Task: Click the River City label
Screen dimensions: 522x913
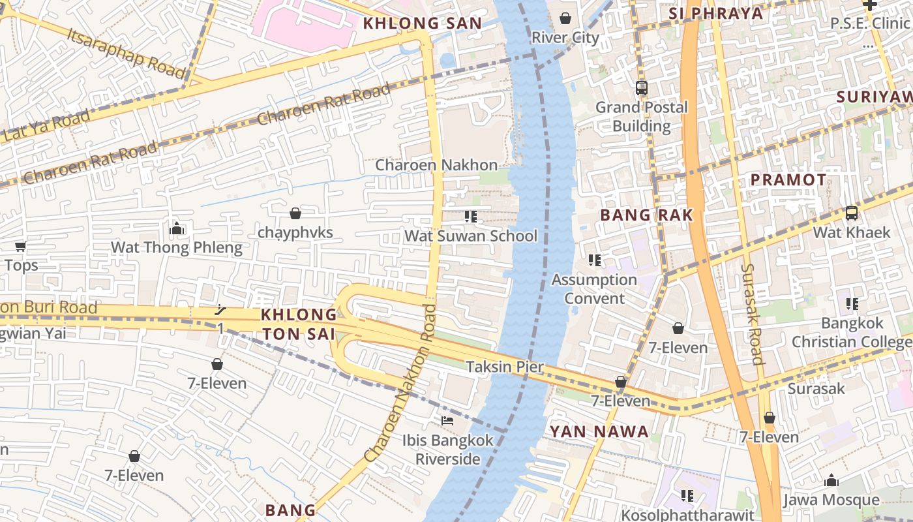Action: coord(565,38)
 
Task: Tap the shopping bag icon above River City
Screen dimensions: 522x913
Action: coord(565,18)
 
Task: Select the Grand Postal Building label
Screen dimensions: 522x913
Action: coord(642,116)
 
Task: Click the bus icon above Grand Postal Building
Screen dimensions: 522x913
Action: coord(642,87)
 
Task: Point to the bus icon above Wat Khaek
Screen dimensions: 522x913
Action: coord(851,213)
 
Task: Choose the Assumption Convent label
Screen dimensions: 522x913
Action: coord(594,289)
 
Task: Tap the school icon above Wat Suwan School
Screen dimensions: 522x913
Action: coord(471,217)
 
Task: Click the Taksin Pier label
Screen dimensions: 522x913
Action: coord(505,367)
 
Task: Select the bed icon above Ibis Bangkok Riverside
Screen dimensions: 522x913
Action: coord(447,421)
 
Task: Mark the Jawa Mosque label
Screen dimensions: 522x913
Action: coord(831,500)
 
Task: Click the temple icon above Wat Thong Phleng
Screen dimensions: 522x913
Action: coord(176,228)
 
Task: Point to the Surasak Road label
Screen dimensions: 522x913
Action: coord(751,314)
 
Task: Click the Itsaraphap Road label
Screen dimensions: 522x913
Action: coord(126,53)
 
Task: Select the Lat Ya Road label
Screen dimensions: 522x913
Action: coord(46,127)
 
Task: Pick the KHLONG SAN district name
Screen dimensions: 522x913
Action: coord(422,23)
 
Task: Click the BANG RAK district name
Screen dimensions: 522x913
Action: coord(646,215)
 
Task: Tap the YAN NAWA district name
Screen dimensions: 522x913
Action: coord(599,431)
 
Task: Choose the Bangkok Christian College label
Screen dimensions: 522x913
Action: coord(852,332)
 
